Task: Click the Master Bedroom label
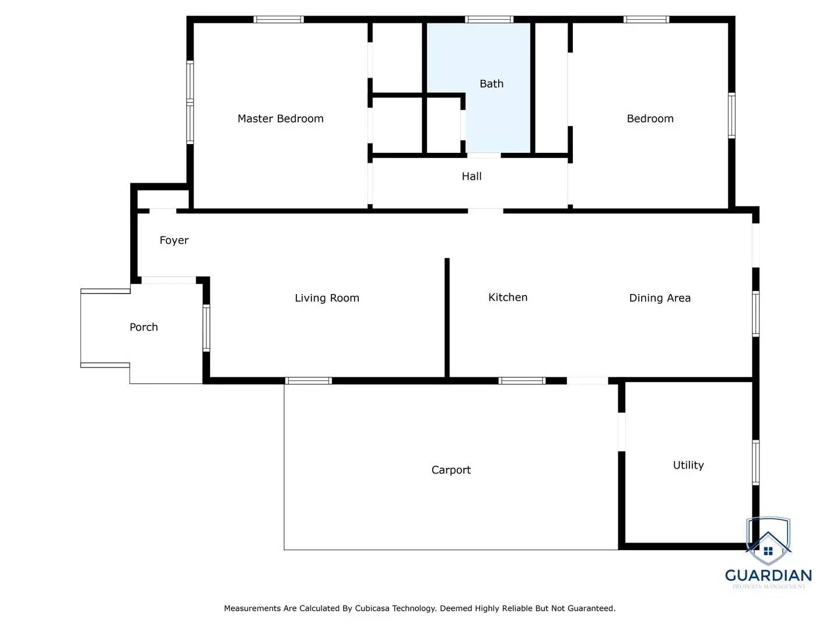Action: pos(280,118)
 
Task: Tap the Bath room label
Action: pos(491,84)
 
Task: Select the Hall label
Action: pos(471,176)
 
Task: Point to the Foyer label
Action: pos(174,240)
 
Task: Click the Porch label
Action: pos(143,327)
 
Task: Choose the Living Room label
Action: pos(327,298)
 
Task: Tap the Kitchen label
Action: pos(508,297)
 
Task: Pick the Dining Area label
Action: pos(659,298)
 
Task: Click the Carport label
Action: pos(451,470)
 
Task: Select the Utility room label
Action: pos(688,465)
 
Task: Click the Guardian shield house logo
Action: pos(768,541)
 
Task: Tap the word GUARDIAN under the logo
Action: pos(768,576)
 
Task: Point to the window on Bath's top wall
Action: pos(489,20)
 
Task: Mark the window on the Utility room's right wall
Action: pos(755,463)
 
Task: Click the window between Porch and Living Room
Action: pos(206,328)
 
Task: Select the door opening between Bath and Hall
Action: pos(484,155)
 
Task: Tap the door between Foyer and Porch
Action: pos(169,281)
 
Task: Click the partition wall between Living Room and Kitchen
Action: pos(447,318)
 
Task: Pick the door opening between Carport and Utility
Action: pos(621,432)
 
